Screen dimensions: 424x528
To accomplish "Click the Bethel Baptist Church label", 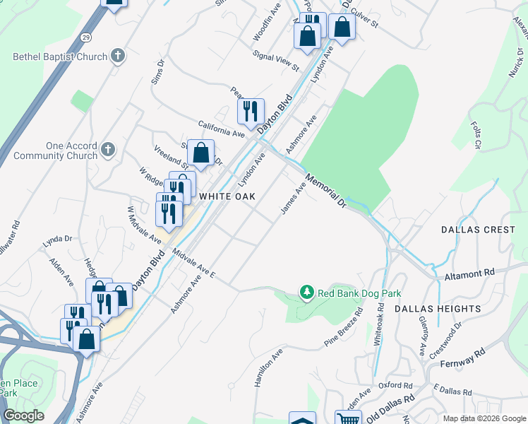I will [x=60, y=57].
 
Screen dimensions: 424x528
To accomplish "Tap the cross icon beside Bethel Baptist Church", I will [x=118, y=56].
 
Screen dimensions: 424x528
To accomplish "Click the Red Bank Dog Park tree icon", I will [x=306, y=292].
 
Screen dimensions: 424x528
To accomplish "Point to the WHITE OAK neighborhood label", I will [x=226, y=196].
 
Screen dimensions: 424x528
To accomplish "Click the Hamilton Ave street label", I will [x=268, y=367].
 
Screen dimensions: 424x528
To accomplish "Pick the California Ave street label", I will [x=221, y=128].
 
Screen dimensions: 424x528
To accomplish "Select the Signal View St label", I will [x=277, y=59].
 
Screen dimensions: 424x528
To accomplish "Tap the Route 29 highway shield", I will [x=85, y=37].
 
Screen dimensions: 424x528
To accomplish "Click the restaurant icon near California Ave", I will [x=251, y=110].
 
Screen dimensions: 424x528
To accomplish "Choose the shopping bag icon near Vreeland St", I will [x=201, y=151].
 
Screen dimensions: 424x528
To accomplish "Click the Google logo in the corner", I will [x=23, y=416].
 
